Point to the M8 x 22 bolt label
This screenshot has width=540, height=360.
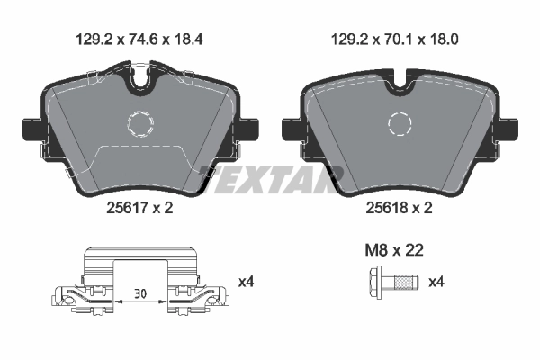click(392, 249)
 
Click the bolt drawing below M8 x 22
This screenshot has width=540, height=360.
click(392, 283)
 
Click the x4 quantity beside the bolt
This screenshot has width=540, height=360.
click(436, 283)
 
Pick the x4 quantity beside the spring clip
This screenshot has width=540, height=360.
click(247, 283)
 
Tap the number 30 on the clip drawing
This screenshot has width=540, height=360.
click(140, 292)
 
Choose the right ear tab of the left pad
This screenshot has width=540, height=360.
click(250, 128)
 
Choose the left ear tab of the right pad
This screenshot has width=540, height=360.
click(291, 129)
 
